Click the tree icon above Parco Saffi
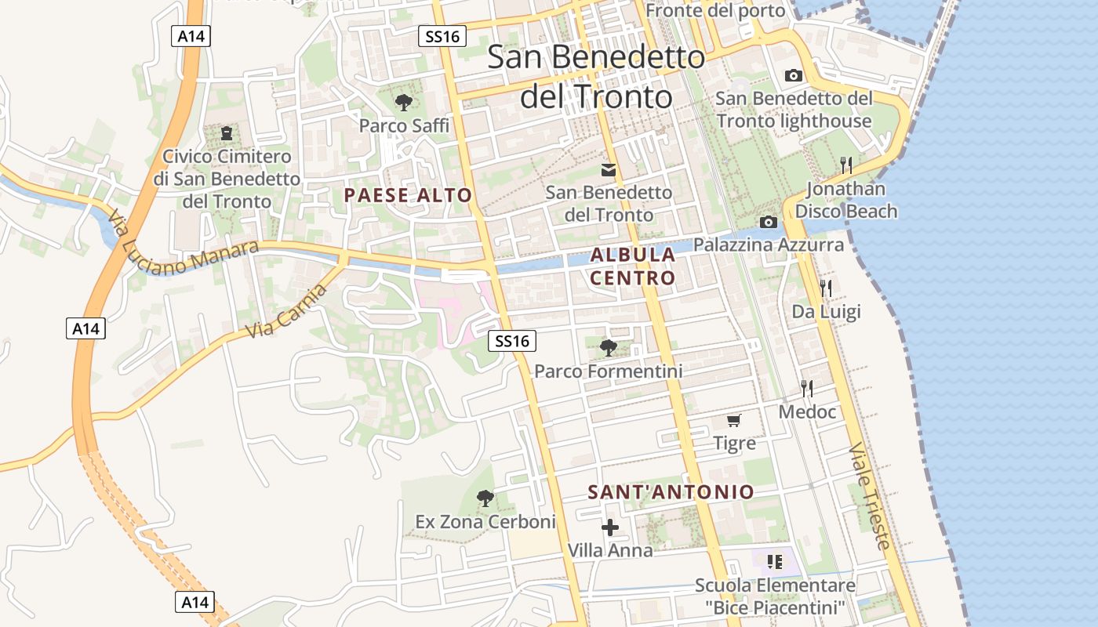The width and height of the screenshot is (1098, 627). (404, 102)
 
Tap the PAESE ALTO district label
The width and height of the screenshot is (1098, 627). (408, 196)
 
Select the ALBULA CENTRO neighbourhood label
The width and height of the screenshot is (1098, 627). (632, 266)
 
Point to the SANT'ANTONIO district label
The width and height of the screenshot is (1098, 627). (671, 492)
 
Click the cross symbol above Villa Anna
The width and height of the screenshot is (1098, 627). (609, 527)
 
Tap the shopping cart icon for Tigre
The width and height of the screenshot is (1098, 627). (734, 421)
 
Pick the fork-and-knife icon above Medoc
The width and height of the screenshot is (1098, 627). (806, 388)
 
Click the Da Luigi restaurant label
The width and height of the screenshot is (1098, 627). (826, 312)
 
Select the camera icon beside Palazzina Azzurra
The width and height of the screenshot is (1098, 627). (769, 223)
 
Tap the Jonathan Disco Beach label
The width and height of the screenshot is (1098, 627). (846, 200)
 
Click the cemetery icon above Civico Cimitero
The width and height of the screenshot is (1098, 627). (227, 133)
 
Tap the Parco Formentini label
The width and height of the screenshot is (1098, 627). (608, 371)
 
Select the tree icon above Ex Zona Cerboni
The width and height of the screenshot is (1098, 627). (485, 498)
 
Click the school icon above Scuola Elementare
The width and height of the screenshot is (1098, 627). (775, 561)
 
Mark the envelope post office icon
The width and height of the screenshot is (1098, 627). (608, 170)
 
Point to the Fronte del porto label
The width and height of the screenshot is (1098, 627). (714, 10)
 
